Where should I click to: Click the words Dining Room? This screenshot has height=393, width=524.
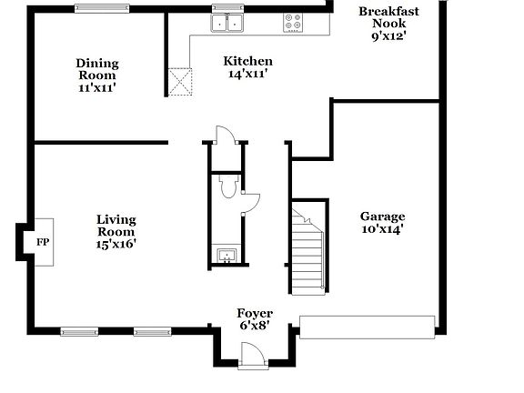coord(96,69)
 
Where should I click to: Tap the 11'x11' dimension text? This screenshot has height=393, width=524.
coord(96,88)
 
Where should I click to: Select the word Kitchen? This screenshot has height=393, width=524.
coord(247,61)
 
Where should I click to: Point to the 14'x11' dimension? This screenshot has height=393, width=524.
coord(247,74)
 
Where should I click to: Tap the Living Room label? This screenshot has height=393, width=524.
coord(116,226)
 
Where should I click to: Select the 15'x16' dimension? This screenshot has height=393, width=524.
coord(116,245)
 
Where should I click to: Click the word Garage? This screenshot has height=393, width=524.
coord(382,217)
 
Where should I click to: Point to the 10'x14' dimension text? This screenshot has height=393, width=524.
coord(382,229)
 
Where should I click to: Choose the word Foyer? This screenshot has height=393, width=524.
coord(255,313)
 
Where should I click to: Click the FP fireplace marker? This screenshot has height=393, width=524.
coord(42,243)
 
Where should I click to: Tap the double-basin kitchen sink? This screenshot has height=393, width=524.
coord(227,23)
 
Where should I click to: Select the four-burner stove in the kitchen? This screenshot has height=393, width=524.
coord(294,23)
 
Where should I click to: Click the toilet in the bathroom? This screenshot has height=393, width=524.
coord(227,187)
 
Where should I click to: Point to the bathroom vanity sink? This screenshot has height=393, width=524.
coord(226,255)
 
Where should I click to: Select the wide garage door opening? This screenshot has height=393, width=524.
coord(367,327)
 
